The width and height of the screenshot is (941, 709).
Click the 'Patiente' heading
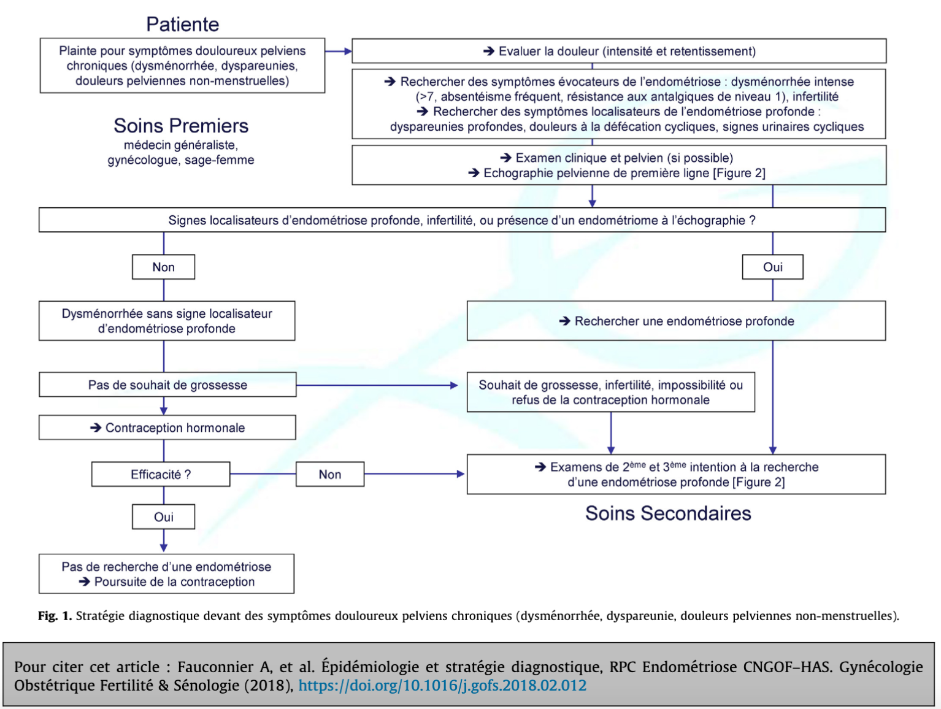click(183, 25)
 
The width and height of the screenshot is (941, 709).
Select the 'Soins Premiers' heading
click(181, 126)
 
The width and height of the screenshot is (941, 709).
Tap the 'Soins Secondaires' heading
click(668, 513)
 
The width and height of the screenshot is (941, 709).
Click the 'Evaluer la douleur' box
click(619, 51)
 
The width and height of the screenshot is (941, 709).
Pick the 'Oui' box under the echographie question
click(772, 267)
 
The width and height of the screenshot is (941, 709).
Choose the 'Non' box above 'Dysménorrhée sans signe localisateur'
click(163, 267)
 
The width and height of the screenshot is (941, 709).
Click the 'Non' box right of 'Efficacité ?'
click(329, 474)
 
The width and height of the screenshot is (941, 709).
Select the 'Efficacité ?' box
click(161, 474)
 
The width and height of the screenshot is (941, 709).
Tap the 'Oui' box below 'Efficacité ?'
click(163, 516)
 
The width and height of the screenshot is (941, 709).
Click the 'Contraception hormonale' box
click(167, 427)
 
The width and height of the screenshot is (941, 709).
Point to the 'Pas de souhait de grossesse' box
click(167, 385)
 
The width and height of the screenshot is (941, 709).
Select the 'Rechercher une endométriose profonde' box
click(677, 321)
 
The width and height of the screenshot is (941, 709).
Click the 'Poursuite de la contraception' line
click(167, 581)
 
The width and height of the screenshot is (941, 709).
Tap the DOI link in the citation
click(442, 686)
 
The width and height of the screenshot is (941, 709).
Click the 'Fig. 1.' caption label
click(55, 616)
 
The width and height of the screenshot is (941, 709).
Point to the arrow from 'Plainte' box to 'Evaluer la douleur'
click(338, 52)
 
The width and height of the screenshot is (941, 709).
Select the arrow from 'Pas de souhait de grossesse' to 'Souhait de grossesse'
click(377, 385)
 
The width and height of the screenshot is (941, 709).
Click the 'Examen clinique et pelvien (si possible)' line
click(616, 158)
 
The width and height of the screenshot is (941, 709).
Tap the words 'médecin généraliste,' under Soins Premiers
click(181, 145)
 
